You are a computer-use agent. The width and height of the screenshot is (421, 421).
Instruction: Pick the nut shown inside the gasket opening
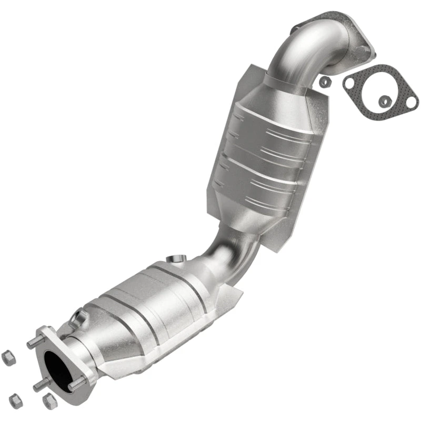386,100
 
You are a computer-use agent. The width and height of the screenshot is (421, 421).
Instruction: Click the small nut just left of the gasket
325,82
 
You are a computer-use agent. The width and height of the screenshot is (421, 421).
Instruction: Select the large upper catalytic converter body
268,153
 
